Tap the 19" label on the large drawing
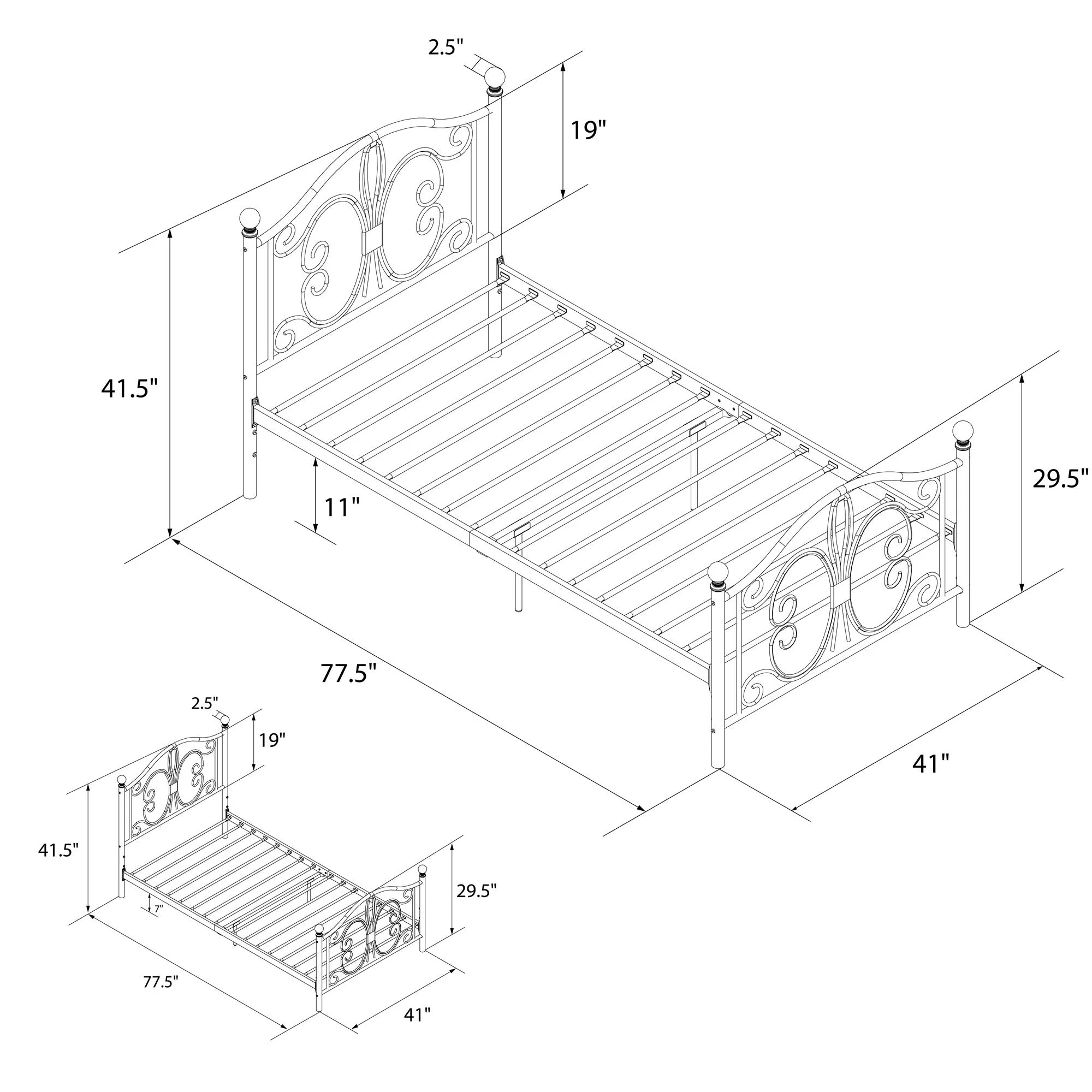588,131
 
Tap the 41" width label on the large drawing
931,764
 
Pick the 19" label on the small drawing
273,739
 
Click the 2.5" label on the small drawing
205,703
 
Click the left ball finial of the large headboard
250,218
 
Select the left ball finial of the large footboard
719,573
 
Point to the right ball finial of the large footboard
963,431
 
